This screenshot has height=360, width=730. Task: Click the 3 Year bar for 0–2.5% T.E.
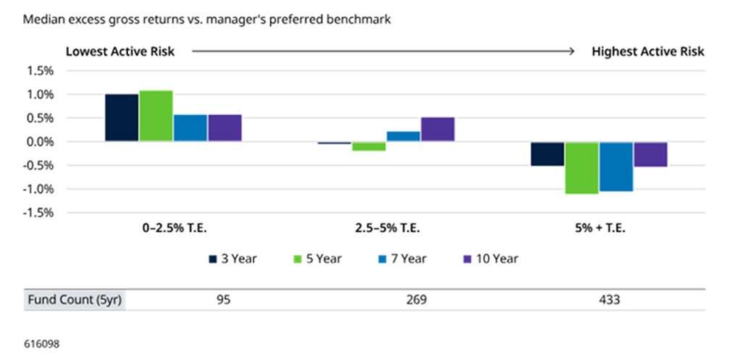coord(122,118)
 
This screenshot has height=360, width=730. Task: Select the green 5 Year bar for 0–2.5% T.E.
coord(156,116)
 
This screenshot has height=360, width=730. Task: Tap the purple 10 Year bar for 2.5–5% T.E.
coord(437,130)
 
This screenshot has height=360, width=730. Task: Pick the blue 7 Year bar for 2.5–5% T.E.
coord(403,136)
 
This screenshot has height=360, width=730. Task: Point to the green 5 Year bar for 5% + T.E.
coord(582,168)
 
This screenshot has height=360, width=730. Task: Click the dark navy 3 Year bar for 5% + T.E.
coord(547,154)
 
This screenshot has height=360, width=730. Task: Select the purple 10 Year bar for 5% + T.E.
coord(650,154)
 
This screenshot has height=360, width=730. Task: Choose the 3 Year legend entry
coord(232,259)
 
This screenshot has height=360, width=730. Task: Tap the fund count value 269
coord(416,300)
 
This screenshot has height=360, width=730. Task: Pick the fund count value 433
coord(610,300)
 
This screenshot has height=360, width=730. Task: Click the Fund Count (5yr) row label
coord(75,300)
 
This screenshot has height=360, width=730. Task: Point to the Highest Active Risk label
coord(648,51)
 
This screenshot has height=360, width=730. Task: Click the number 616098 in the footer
coord(42,344)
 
